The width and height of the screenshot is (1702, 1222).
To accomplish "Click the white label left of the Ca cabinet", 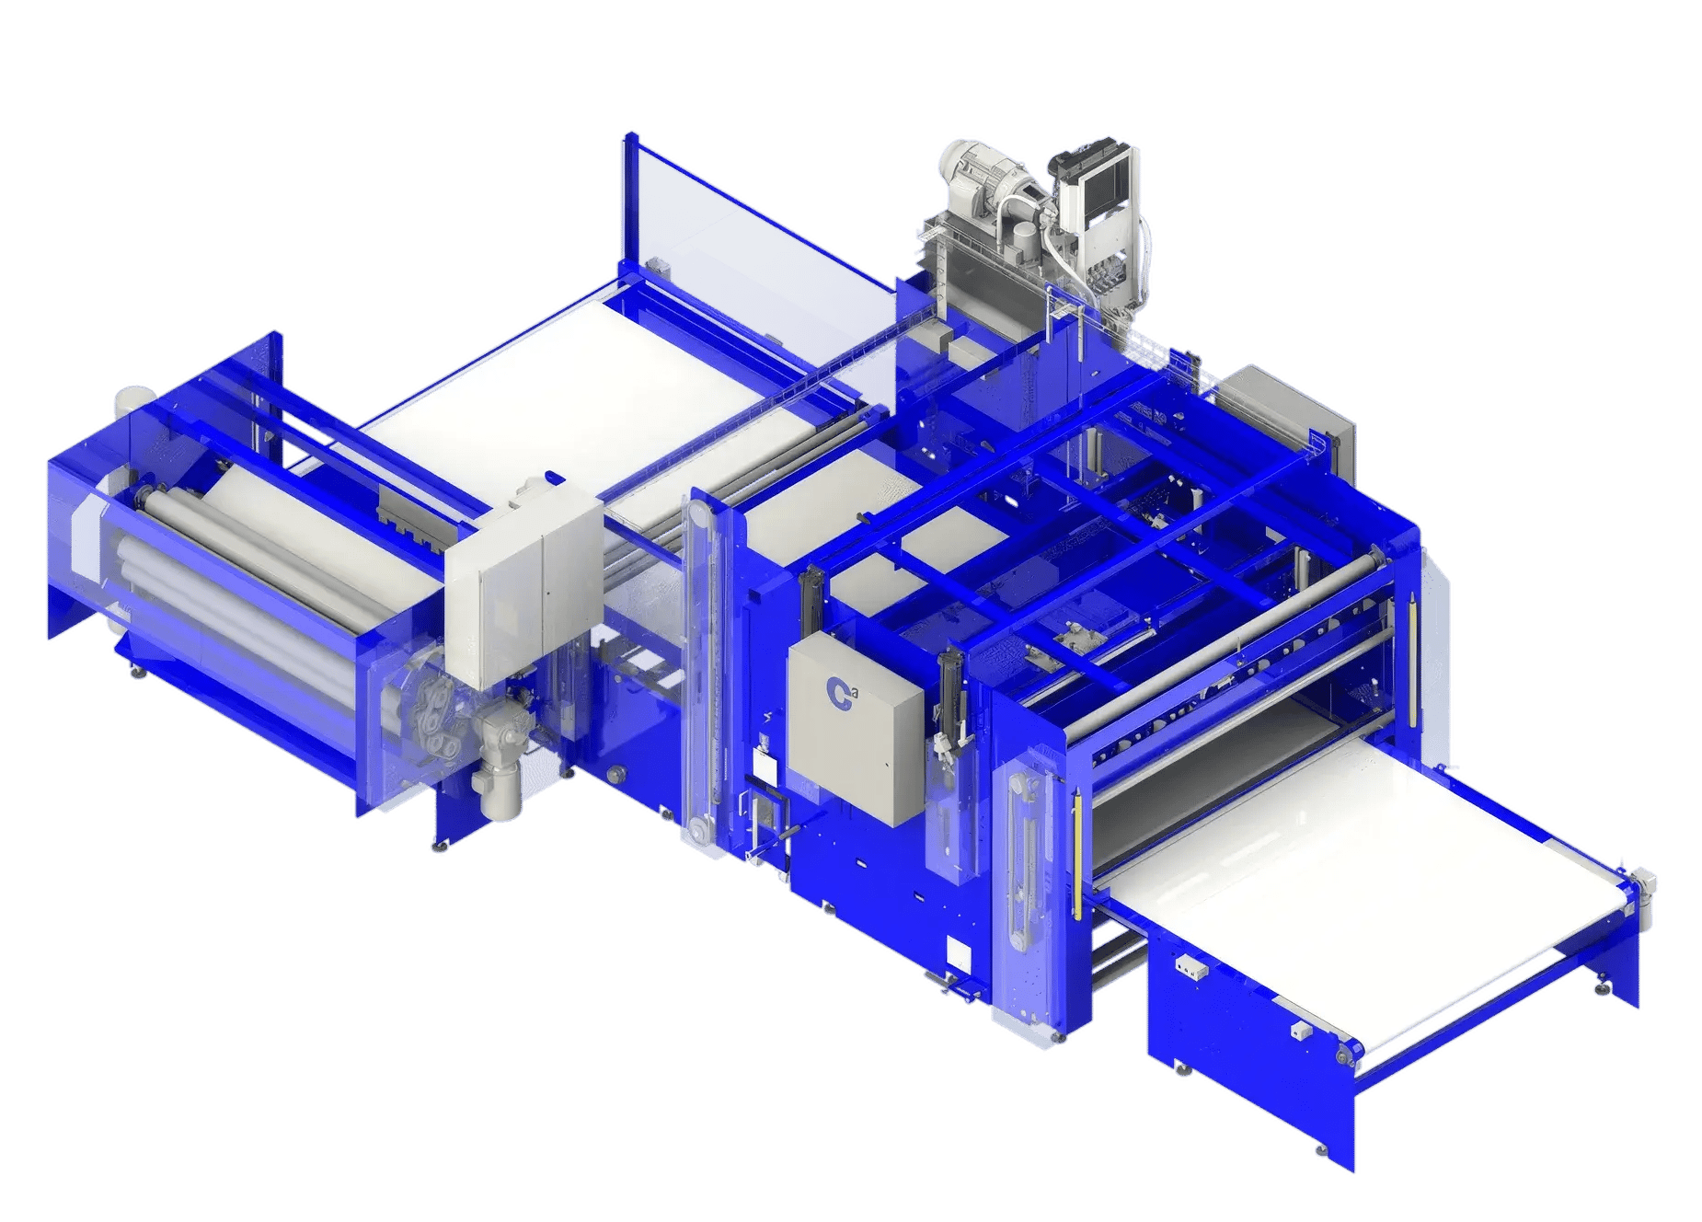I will [x=763, y=760].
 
